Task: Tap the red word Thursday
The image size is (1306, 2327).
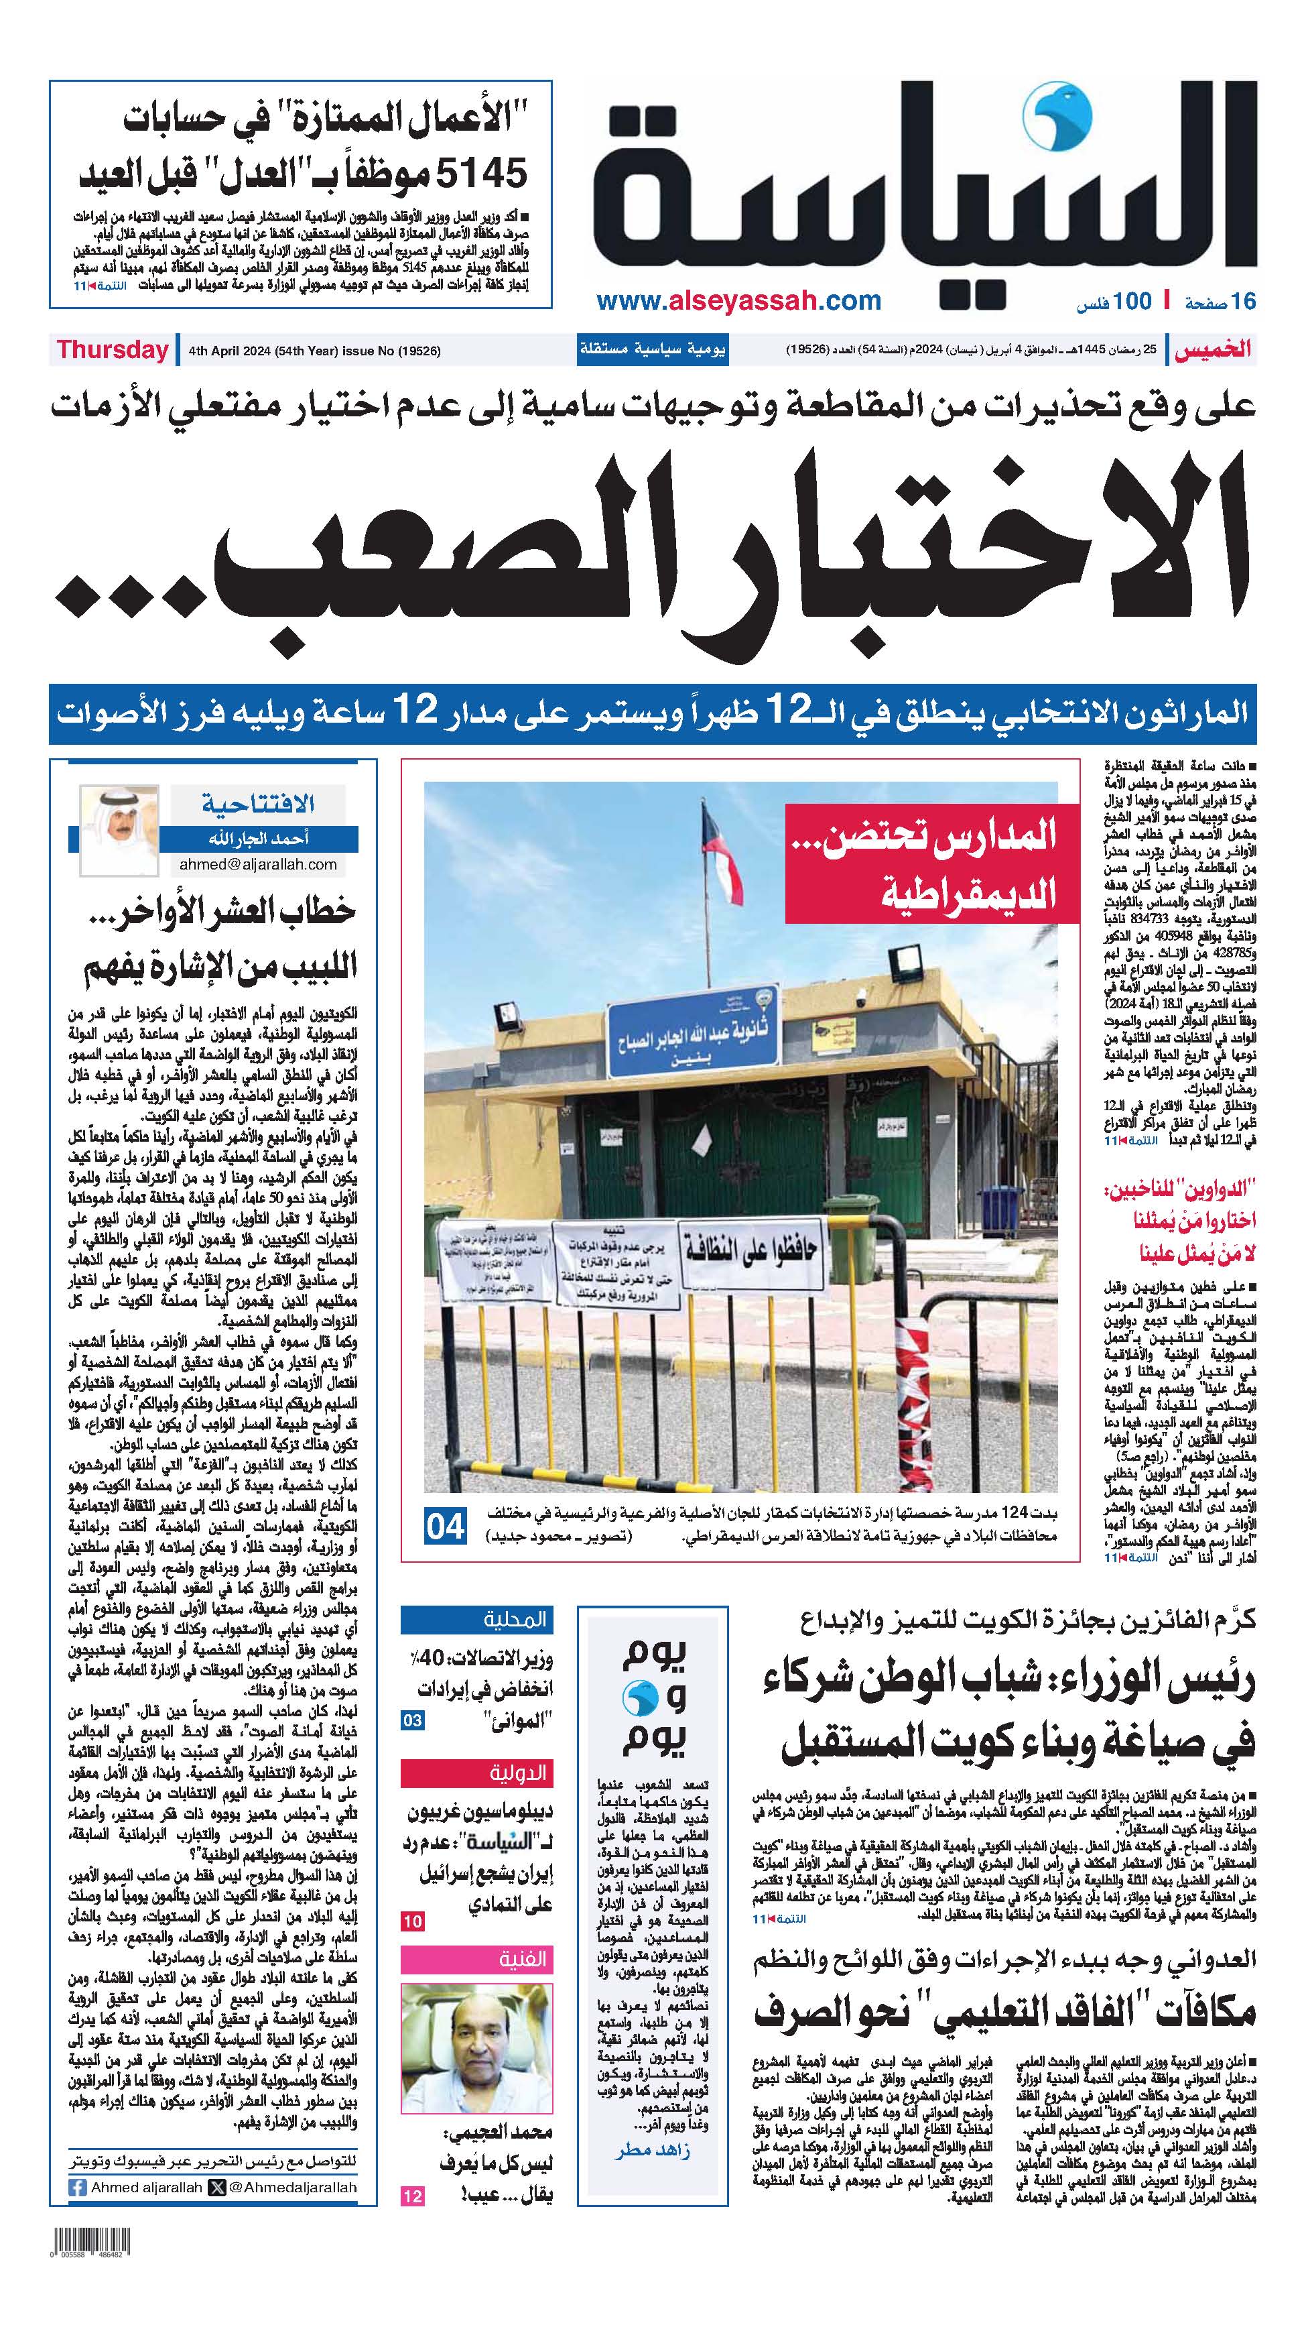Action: tap(113, 351)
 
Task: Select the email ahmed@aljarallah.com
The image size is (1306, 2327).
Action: tap(257, 863)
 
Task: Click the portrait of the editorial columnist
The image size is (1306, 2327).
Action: tap(119, 829)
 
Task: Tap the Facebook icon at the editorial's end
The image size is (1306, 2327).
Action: tap(78, 2187)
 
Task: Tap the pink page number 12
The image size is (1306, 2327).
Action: tap(412, 2196)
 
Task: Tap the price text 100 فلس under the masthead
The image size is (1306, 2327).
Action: tap(1114, 302)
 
